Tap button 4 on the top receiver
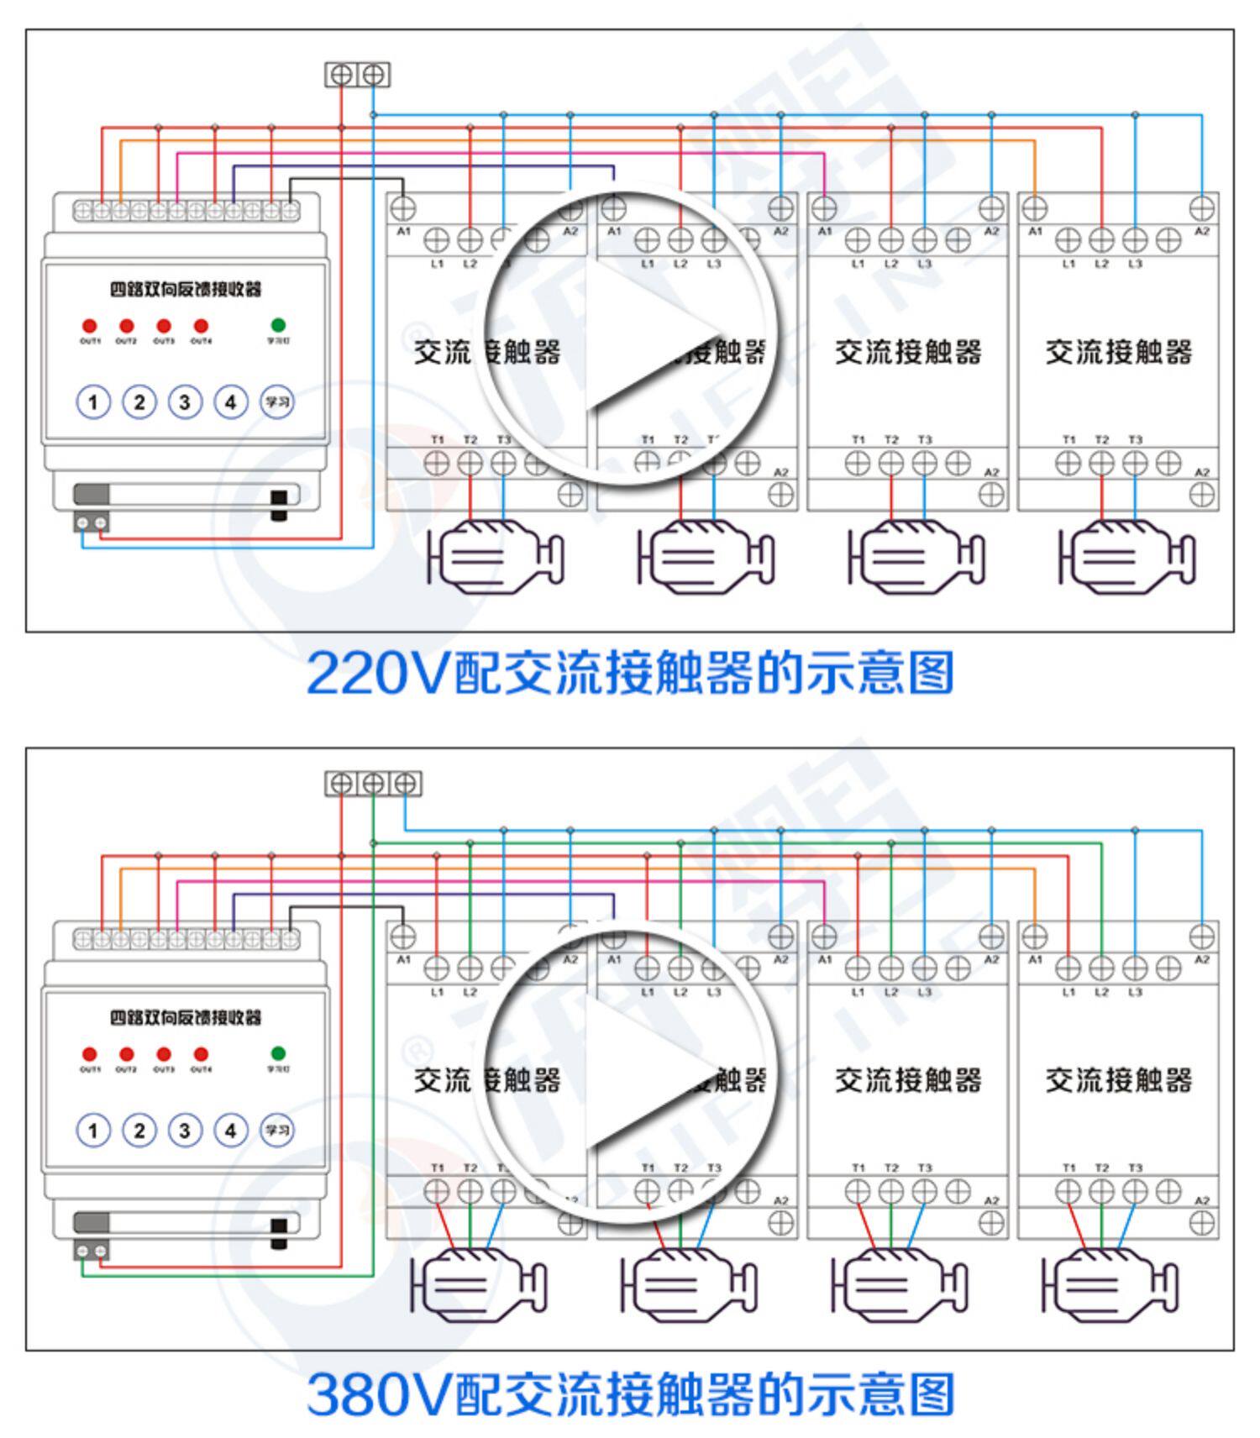230,402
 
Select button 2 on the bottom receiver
139,1131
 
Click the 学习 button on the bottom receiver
276,1131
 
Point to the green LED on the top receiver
278,324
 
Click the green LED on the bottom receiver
278,1052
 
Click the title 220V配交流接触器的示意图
630,673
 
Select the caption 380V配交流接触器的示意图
630,1394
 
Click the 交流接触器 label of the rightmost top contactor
1118,352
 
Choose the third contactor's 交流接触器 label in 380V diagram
908,1080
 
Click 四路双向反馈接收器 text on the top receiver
186,289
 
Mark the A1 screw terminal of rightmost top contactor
1034,207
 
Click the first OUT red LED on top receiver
90,326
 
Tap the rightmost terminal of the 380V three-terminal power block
405,784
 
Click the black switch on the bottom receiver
279,1231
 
